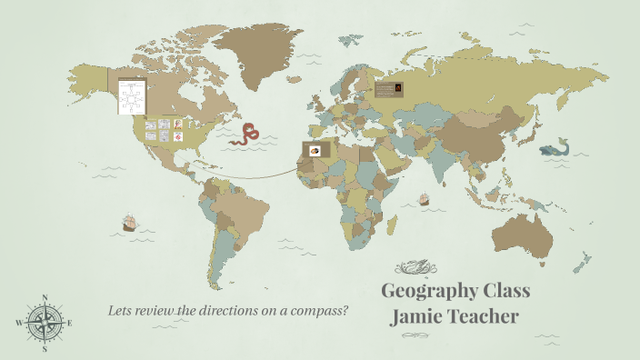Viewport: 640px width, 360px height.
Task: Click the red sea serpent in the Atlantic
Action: click(x=245, y=135)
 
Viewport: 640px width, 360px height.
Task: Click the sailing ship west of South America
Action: click(x=129, y=222)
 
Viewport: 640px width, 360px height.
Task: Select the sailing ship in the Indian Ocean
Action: click(x=423, y=198)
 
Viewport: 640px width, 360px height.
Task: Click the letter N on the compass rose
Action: click(x=45, y=297)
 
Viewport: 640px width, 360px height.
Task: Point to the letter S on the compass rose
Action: click(x=45, y=348)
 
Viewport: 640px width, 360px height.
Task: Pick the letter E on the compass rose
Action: click(x=70, y=323)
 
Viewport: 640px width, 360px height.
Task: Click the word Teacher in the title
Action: click(x=486, y=316)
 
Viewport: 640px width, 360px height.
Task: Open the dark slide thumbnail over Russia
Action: click(x=389, y=89)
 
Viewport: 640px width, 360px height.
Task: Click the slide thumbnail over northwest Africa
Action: click(x=315, y=149)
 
